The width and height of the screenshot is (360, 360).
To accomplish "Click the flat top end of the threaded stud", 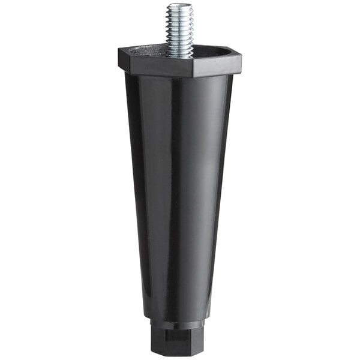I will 180,6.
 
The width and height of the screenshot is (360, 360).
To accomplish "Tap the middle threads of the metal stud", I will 180,30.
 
